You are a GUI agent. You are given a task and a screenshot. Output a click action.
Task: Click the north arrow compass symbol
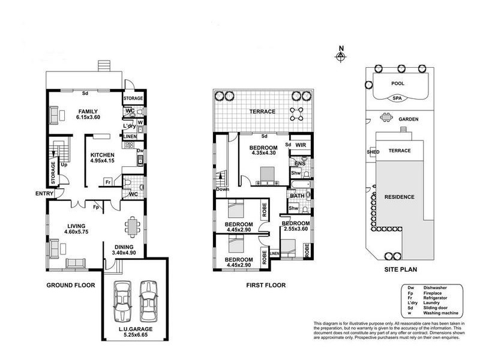pyautogui.click(x=341, y=55)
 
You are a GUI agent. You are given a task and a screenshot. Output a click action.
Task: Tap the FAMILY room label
pyautogui.click(x=88, y=110)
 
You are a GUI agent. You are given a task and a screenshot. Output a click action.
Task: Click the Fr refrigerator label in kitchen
pyautogui.click(x=108, y=182)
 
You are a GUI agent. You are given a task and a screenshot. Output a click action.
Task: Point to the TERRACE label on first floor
pyautogui.click(x=263, y=112)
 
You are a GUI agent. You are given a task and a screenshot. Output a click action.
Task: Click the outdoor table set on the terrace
pyautogui.click(x=296, y=112)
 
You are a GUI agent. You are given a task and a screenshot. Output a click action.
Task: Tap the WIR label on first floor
pyautogui.click(x=301, y=145)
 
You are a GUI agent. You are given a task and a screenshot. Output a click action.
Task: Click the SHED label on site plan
pyautogui.click(x=372, y=152)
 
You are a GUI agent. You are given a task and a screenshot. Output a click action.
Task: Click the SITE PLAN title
pyautogui.click(x=400, y=271)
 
